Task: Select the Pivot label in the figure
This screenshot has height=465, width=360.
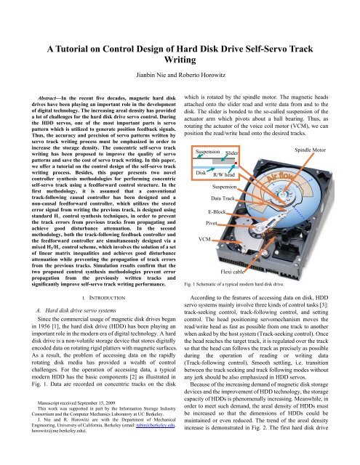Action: coord(212,222)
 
